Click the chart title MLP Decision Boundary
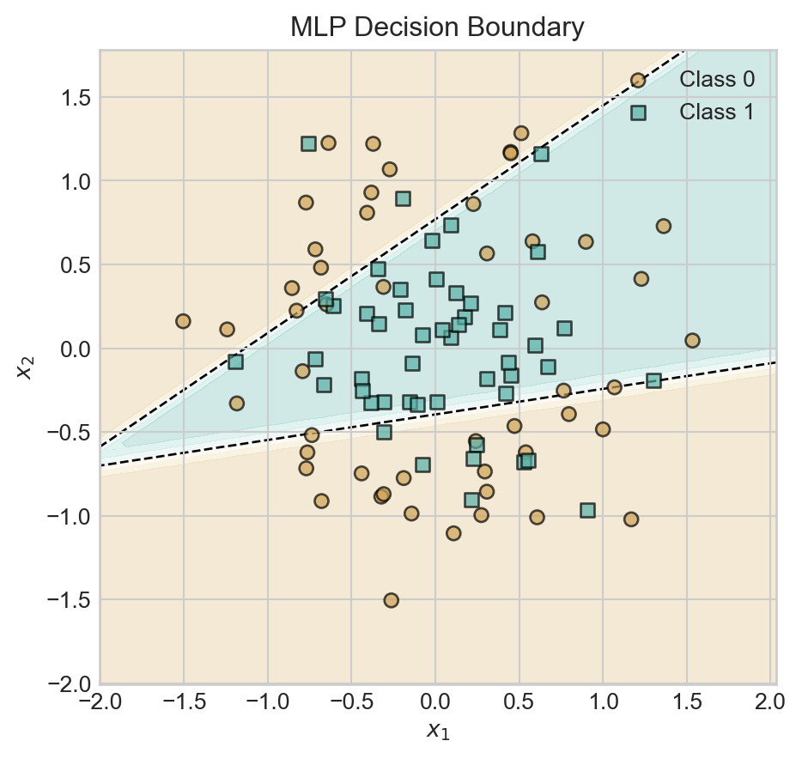437,27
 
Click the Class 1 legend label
716,112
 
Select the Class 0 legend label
716,80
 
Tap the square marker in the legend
638,112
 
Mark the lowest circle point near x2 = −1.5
391,600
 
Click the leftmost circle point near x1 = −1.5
183,321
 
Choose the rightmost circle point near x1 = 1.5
692,341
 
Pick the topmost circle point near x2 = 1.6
638,80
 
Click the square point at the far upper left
308,143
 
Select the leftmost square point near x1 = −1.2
235,361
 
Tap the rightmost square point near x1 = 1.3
653,380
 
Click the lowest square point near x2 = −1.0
587,510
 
